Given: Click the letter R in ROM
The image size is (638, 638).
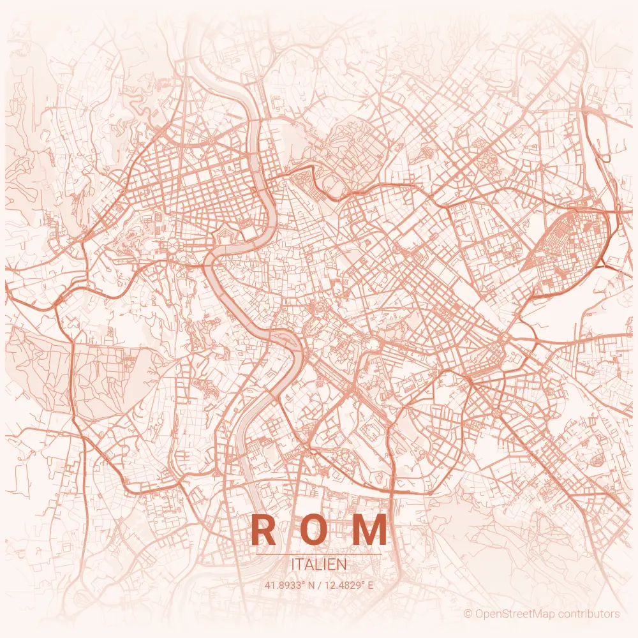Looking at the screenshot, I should pos(263,530).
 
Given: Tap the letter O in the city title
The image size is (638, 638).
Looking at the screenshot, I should pos(317,530).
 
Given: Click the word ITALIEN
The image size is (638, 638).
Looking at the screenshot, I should pos(319,565).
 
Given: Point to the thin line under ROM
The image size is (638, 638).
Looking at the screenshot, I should pos(319,554).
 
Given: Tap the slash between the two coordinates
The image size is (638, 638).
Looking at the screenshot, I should pos(320,584).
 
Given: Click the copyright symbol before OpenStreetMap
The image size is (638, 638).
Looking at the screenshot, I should pos(468,614).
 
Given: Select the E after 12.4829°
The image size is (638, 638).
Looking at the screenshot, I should pos(370,584).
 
